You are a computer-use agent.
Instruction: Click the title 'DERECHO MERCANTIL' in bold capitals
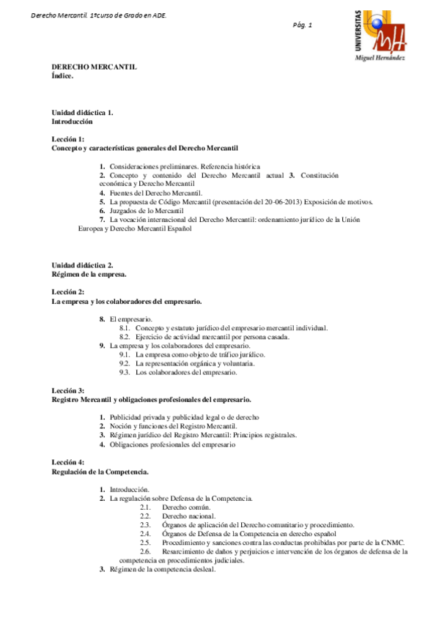pyautogui.click(x=94, y=67)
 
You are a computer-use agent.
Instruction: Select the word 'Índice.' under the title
pyautogui.click(x=62, y=75)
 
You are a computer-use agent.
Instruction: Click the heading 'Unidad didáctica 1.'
pyautogui.click(x=82, y=113)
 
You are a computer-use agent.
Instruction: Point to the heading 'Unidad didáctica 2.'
pyautogui.click(x=82, y=264)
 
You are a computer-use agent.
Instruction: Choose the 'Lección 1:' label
pyautogui.click(x=67, y=138)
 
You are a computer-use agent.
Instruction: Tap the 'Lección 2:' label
pyautogui.click(x=67, y=292)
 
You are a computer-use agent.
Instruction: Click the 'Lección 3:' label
pyautogui.click(x=67, y=391)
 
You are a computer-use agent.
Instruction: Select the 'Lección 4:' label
pyautogui.click(x=67, y=462)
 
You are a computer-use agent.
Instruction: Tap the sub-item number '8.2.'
pyautogui.click(x=125, y=337)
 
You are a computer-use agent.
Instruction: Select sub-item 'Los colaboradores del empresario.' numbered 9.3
pyautogui.click(x=186, y=372)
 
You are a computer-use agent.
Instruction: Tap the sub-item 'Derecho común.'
pyautogui.click(x=186, y=507)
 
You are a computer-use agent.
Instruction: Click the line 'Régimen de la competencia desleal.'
pyautogui.click(x=163, y=570)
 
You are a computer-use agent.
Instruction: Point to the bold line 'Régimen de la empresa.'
pyautogui.click(x=89, y=274)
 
